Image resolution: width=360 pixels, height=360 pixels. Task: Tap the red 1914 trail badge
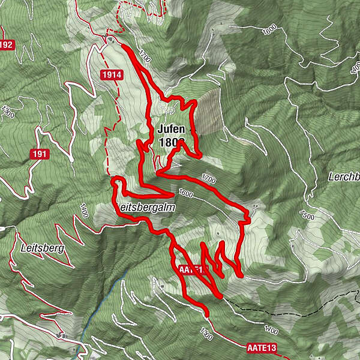112,74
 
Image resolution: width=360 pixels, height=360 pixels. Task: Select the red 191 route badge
40,154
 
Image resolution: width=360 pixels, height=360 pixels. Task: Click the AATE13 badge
262,347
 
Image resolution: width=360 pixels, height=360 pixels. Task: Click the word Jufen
172,129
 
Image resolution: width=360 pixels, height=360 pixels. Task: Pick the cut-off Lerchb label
344,178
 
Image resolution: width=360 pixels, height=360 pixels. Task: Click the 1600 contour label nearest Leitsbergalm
186,194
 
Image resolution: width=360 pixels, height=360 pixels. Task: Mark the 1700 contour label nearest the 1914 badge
145,56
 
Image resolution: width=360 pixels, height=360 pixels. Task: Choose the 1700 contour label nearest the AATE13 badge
271,330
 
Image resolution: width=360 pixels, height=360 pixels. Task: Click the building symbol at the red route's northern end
112,40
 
